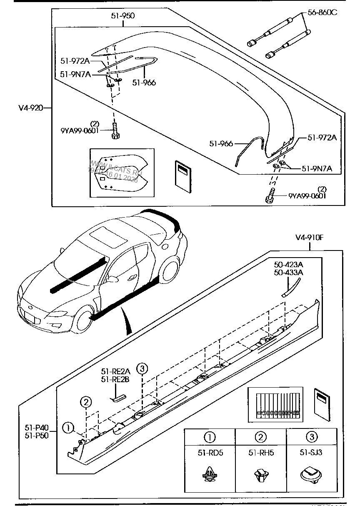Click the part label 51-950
click(122, 16)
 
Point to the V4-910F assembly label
click(310, 238)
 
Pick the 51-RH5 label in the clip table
click(261, 453)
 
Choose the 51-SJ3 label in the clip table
click(312, 453)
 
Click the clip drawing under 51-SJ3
click(311, 476)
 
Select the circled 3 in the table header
click(312, 437)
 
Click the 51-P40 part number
click(37, 428)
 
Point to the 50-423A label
click(288, 264)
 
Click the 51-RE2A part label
click(115, 371)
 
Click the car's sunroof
click(109, 236)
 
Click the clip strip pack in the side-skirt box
click(274, 403)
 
